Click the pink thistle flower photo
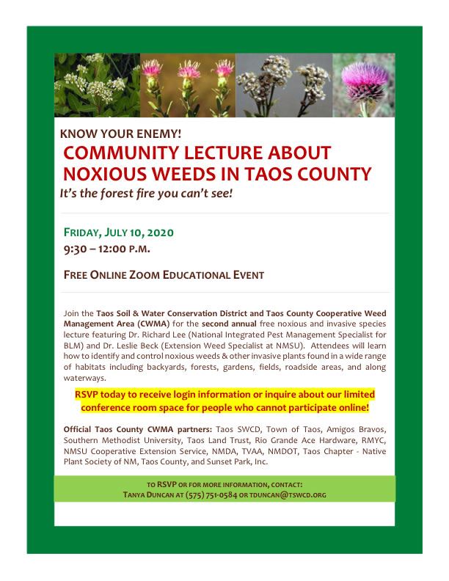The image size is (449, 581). click(x=364, y=85)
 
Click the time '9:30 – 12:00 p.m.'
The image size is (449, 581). click(x=107, y=249)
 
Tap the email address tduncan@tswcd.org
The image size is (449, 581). click(x=286, y=494)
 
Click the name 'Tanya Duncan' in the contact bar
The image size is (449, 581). click(x=153, y=494)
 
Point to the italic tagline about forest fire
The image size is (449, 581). click(x=146, y=194)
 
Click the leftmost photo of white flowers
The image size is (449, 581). click(x=97, y=85)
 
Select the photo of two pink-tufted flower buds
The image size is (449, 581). click(x=188, y=85)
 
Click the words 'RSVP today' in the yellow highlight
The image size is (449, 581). click(x=103, y=394)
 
